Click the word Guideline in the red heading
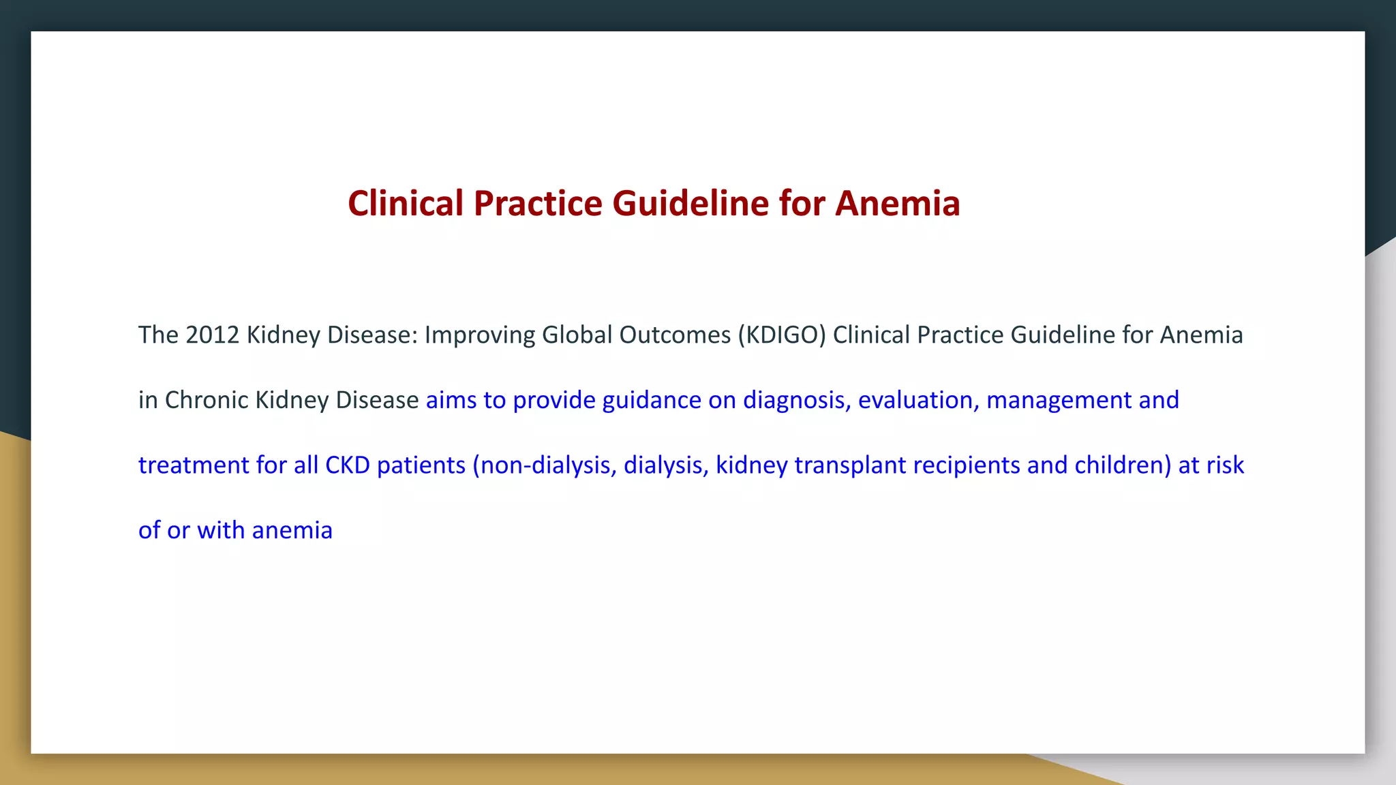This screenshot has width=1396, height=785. pyautogui.click(x=690, y=204)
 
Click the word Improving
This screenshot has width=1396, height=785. pyautogui.click(x=479, y=335)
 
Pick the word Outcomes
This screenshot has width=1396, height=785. pyautogui.click(x=674, y=335)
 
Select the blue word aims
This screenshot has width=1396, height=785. pyautogui.click(x=451, y=400)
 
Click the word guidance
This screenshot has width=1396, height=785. pyautogui.click(x=651, y=400)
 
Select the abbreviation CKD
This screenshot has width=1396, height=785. pyautogui.click(x=347, y=465)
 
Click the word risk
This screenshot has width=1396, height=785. pyautogui.click(x=1225, y=465)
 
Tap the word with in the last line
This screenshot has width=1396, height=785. pyautogui.click(x=221, y=530)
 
